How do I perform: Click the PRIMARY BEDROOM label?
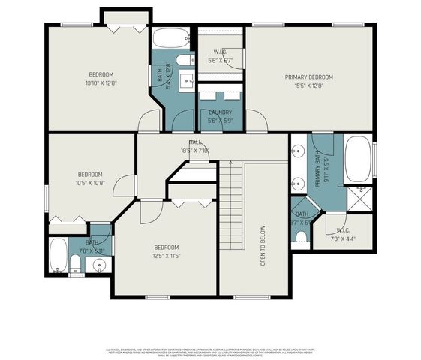308,76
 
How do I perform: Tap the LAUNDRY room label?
220,112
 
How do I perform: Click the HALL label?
194,142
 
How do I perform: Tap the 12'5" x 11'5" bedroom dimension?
166,256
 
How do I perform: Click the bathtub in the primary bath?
357,158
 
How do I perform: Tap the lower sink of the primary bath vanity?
297,182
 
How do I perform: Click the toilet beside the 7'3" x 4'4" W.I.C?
302,236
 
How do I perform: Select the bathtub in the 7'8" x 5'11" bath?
58,256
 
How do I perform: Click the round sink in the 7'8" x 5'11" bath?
99,264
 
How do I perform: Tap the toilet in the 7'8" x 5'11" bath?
75,262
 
